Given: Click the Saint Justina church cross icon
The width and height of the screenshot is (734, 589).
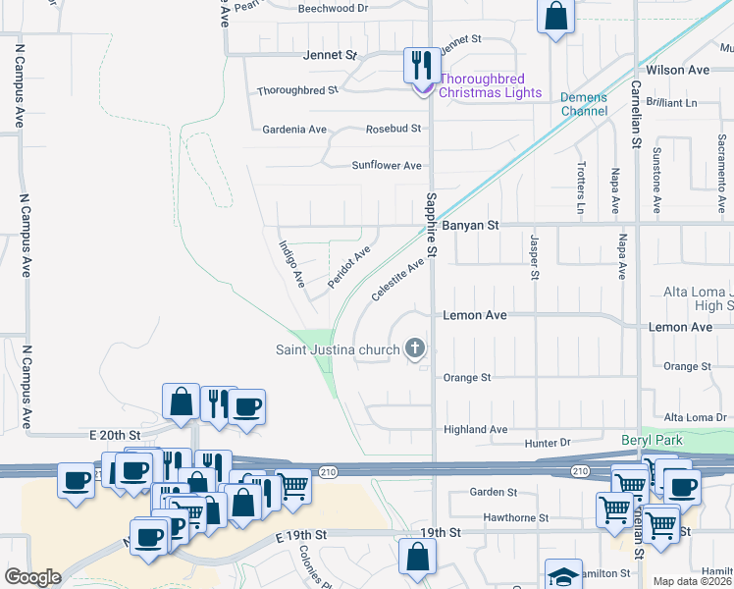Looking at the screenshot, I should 415,348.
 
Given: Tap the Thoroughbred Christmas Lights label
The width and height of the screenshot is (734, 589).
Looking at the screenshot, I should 490,86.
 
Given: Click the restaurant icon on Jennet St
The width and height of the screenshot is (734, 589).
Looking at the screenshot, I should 421,67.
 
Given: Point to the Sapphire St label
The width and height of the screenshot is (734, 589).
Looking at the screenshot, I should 431,227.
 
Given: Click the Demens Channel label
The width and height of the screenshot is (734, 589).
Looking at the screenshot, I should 583,104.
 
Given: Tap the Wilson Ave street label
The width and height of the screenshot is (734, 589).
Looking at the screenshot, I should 678,71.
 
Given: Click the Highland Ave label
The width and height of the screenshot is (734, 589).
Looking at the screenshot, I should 475,430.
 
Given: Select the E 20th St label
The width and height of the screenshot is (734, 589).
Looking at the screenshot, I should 115,435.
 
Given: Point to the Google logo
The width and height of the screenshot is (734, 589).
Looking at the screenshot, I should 32,577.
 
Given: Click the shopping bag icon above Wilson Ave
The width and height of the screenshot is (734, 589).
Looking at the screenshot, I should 555,17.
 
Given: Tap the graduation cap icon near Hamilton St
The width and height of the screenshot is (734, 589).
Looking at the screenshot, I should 563,575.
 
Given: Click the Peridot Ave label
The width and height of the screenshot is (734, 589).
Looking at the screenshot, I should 348,266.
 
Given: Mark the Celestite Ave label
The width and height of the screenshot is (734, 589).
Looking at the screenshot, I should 398,280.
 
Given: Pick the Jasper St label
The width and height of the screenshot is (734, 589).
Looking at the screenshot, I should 535,256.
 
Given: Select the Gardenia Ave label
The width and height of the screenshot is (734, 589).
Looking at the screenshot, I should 294,130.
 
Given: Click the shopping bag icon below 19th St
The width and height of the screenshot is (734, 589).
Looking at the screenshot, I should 417,556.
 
